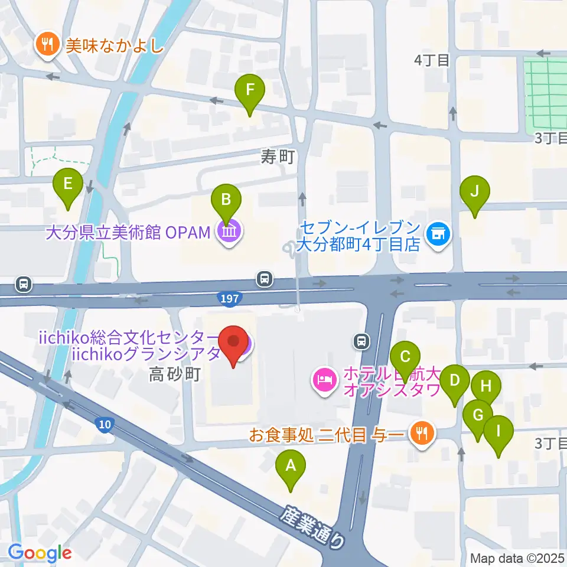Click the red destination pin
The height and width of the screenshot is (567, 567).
coord(234,345)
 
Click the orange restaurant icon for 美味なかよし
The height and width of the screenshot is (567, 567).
coord(46,45)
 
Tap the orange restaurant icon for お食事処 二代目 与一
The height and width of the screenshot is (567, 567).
coord(423,435)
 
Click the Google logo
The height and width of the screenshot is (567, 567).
coord(40,553)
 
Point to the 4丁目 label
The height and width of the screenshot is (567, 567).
coord(432,60)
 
